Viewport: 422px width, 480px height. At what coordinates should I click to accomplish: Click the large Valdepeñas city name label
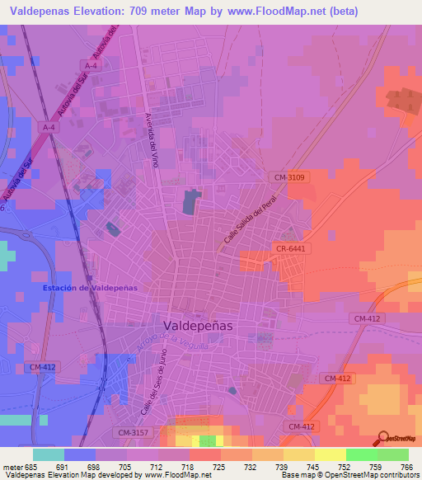tap(198, 325)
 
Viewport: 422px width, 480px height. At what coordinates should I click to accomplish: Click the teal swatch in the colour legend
tap(49, 454)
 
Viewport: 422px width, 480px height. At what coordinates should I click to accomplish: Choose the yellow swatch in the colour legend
tap(330, 454)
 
